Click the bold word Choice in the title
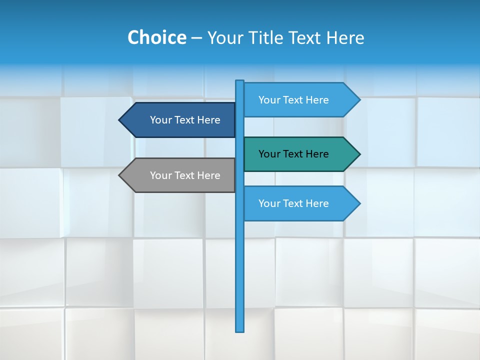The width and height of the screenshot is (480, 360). click(x=156, y=37)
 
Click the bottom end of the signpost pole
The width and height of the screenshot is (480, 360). click(x=239, y=330)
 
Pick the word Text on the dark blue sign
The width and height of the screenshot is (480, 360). click(x=185, y=120)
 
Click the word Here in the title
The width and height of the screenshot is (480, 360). click(x=345, y=37)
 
